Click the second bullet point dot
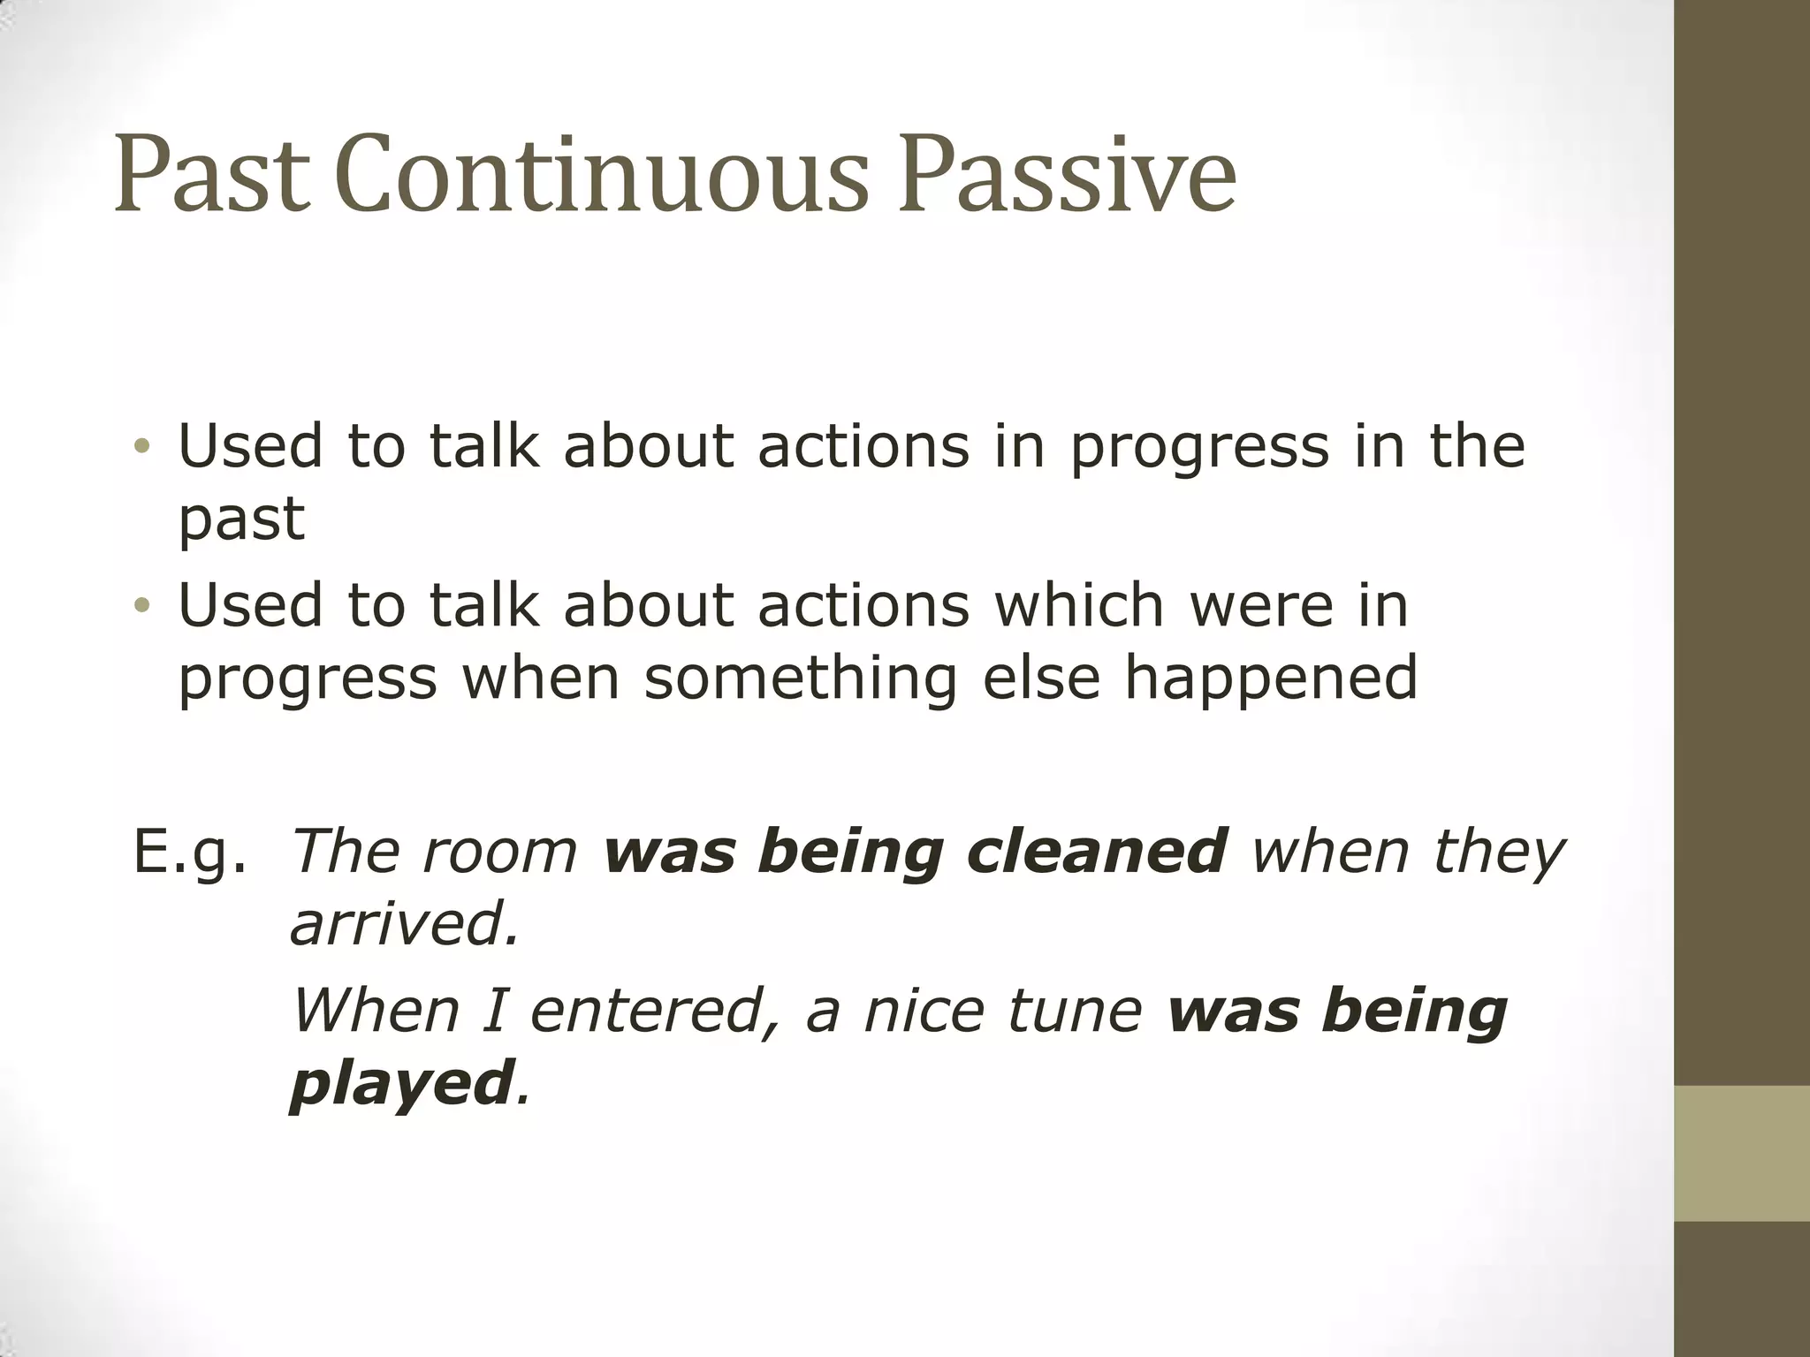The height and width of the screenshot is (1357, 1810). point(142,606)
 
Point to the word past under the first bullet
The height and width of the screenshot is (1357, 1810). point(241,521)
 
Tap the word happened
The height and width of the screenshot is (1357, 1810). point(1270,678)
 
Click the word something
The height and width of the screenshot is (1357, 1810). point(801,678)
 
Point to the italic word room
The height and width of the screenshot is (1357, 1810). point(499,853)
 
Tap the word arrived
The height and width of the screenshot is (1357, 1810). point(404,924)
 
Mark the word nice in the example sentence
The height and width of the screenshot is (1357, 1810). point(924,1012)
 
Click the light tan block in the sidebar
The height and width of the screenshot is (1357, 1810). point(1741,1154)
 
